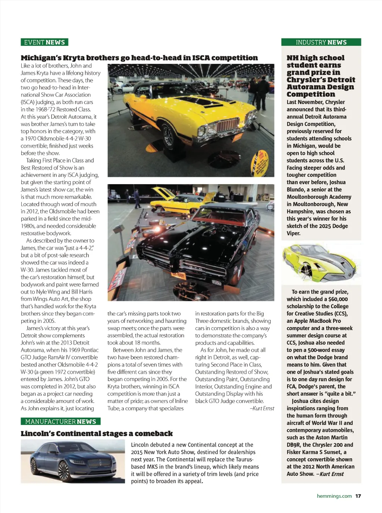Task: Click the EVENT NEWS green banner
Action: coord(44,42)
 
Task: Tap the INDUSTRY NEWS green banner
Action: coord(321,42)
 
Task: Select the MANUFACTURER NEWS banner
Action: coord(60,421)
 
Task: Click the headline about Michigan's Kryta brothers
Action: coord(139,58)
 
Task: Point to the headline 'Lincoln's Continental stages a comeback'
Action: coord(97,434)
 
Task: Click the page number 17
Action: coord(358,496)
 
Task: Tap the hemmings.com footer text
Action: coord(334,496)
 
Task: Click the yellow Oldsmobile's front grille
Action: coord(227,125)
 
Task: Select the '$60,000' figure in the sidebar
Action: coord(338,299)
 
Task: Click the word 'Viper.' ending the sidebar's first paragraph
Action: coord(294,233)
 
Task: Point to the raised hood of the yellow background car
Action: coord(161,193)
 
